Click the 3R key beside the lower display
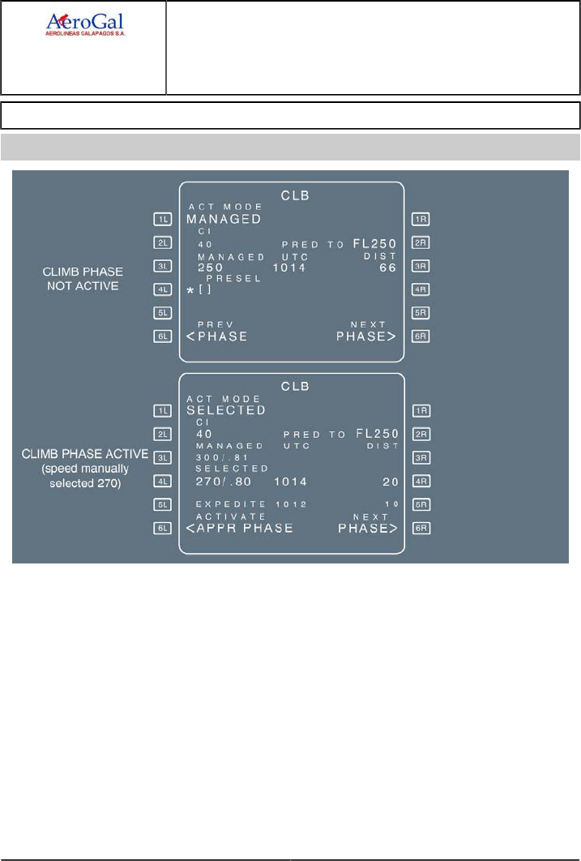click(x=421, y=458)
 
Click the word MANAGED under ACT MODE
click(x=224, y=219)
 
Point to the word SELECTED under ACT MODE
click(x=226, y=410)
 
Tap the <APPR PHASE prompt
click(x=239, y=528)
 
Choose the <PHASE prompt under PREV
click(x=216, y=336)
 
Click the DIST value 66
click(x=387, y=268)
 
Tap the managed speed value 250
click(x=208, y=268)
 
